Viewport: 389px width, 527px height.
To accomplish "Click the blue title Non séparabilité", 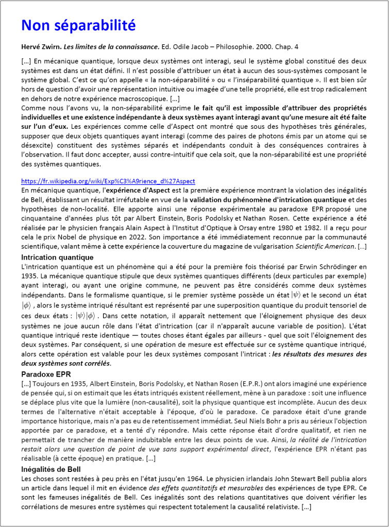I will tap(78, 25).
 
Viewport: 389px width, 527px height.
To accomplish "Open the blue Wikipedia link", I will tap(108, 182).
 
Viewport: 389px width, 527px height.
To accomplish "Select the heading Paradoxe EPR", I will tap(46, 374).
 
